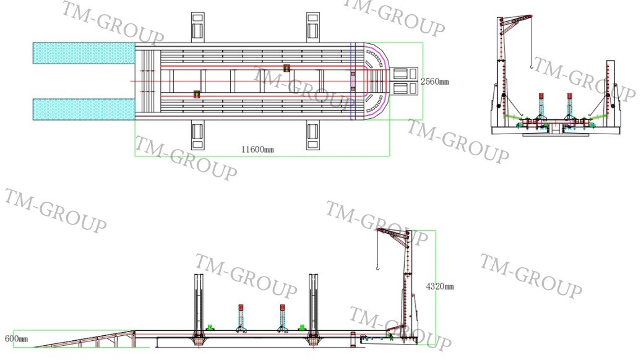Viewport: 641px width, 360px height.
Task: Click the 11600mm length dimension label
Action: (x=257, y=150)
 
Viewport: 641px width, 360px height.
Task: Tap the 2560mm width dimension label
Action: (x=434, y=82)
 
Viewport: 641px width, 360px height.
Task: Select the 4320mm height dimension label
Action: (x=440, y=286)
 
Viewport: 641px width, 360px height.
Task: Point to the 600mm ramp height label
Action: (x=16, y=339)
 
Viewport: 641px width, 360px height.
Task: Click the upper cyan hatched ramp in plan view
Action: (x=84, y=53)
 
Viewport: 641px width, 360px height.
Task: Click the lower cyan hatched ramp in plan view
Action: (x=84, y=109)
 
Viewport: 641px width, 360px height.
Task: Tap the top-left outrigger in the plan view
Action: (x=198, y=27)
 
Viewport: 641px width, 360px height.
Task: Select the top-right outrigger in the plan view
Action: (x=313, y=27)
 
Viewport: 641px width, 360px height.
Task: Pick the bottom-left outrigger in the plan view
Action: (x=198, y=135)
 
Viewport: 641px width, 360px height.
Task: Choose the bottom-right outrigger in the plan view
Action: (x=313, y=135)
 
